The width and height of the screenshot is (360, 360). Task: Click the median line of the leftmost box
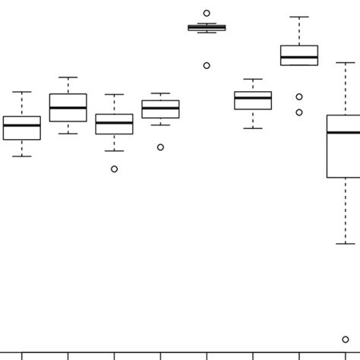click(22, 125)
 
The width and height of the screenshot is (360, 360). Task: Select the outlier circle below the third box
click(115, 169)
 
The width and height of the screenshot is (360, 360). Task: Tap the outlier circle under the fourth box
click(160, 147)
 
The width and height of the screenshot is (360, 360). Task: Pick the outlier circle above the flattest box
click(207, 13)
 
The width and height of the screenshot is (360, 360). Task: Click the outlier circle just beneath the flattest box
click(207, 65)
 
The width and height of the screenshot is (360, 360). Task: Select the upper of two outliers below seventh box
click(299, 96)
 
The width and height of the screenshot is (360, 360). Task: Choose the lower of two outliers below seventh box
click(299, 112)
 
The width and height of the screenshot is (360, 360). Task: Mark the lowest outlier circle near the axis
click(346, 339)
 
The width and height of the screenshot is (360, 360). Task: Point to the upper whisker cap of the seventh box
click(299, 17)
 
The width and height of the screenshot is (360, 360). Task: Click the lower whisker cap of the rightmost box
click(346, 244)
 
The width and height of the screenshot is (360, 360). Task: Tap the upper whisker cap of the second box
click(68, 77)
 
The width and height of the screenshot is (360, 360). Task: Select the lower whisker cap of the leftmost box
click(22, 156)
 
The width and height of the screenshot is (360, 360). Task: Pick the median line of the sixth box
click(253, 97)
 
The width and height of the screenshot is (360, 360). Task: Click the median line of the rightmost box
click(344, 133)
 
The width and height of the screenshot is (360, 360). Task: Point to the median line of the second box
click(68, 108)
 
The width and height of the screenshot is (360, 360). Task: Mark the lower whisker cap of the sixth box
click(253, 128)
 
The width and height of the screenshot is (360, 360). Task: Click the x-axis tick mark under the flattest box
click(207, 355)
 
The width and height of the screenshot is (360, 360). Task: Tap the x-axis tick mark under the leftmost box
click(22, 355)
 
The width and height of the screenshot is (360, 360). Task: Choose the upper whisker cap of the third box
click(115, 95)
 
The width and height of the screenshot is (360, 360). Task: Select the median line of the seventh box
click(299, 57)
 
